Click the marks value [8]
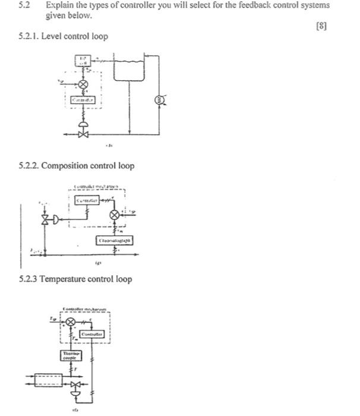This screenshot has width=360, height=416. tap(322, 26)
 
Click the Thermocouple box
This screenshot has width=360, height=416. tap(68, 355)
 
